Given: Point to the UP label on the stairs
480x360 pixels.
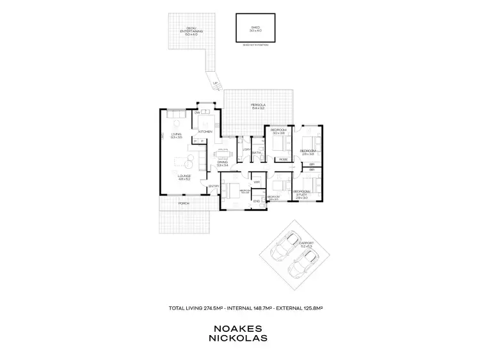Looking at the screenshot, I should point(215,83).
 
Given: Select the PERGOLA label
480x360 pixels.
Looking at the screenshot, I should point(258,104).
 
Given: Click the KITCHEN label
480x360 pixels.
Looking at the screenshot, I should point(205,132).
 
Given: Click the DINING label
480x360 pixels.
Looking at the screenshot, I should point(222,162).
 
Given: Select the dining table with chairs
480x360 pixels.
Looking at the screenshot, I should point(221,153).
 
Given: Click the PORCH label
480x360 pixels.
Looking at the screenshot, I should point(184,204).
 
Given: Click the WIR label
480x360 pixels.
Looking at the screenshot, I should point(256,182).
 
